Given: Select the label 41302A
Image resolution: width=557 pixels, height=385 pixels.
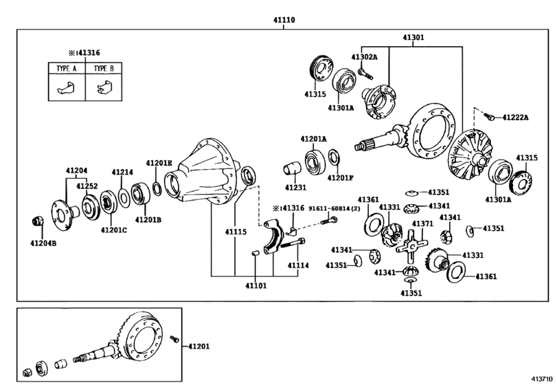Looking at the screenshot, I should [365, 58].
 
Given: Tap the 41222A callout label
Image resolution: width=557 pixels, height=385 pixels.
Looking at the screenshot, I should [514, 118].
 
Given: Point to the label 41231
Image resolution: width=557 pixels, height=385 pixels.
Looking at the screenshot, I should [297, 187].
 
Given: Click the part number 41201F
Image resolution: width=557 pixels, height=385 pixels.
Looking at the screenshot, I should [341, 178].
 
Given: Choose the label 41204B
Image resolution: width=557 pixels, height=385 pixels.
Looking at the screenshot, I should [44, 242].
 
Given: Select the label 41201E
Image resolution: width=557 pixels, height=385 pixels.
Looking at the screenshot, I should [159, 163].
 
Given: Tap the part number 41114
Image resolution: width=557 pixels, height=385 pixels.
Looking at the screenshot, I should [298, 265].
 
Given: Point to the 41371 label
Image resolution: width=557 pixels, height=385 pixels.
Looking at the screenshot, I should [422, 223].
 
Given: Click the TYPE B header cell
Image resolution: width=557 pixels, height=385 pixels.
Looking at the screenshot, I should [104, 69].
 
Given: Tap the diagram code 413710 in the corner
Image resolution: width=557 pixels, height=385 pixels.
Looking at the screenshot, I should [540, 377].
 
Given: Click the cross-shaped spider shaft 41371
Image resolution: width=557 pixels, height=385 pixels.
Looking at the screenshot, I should [410, 245].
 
